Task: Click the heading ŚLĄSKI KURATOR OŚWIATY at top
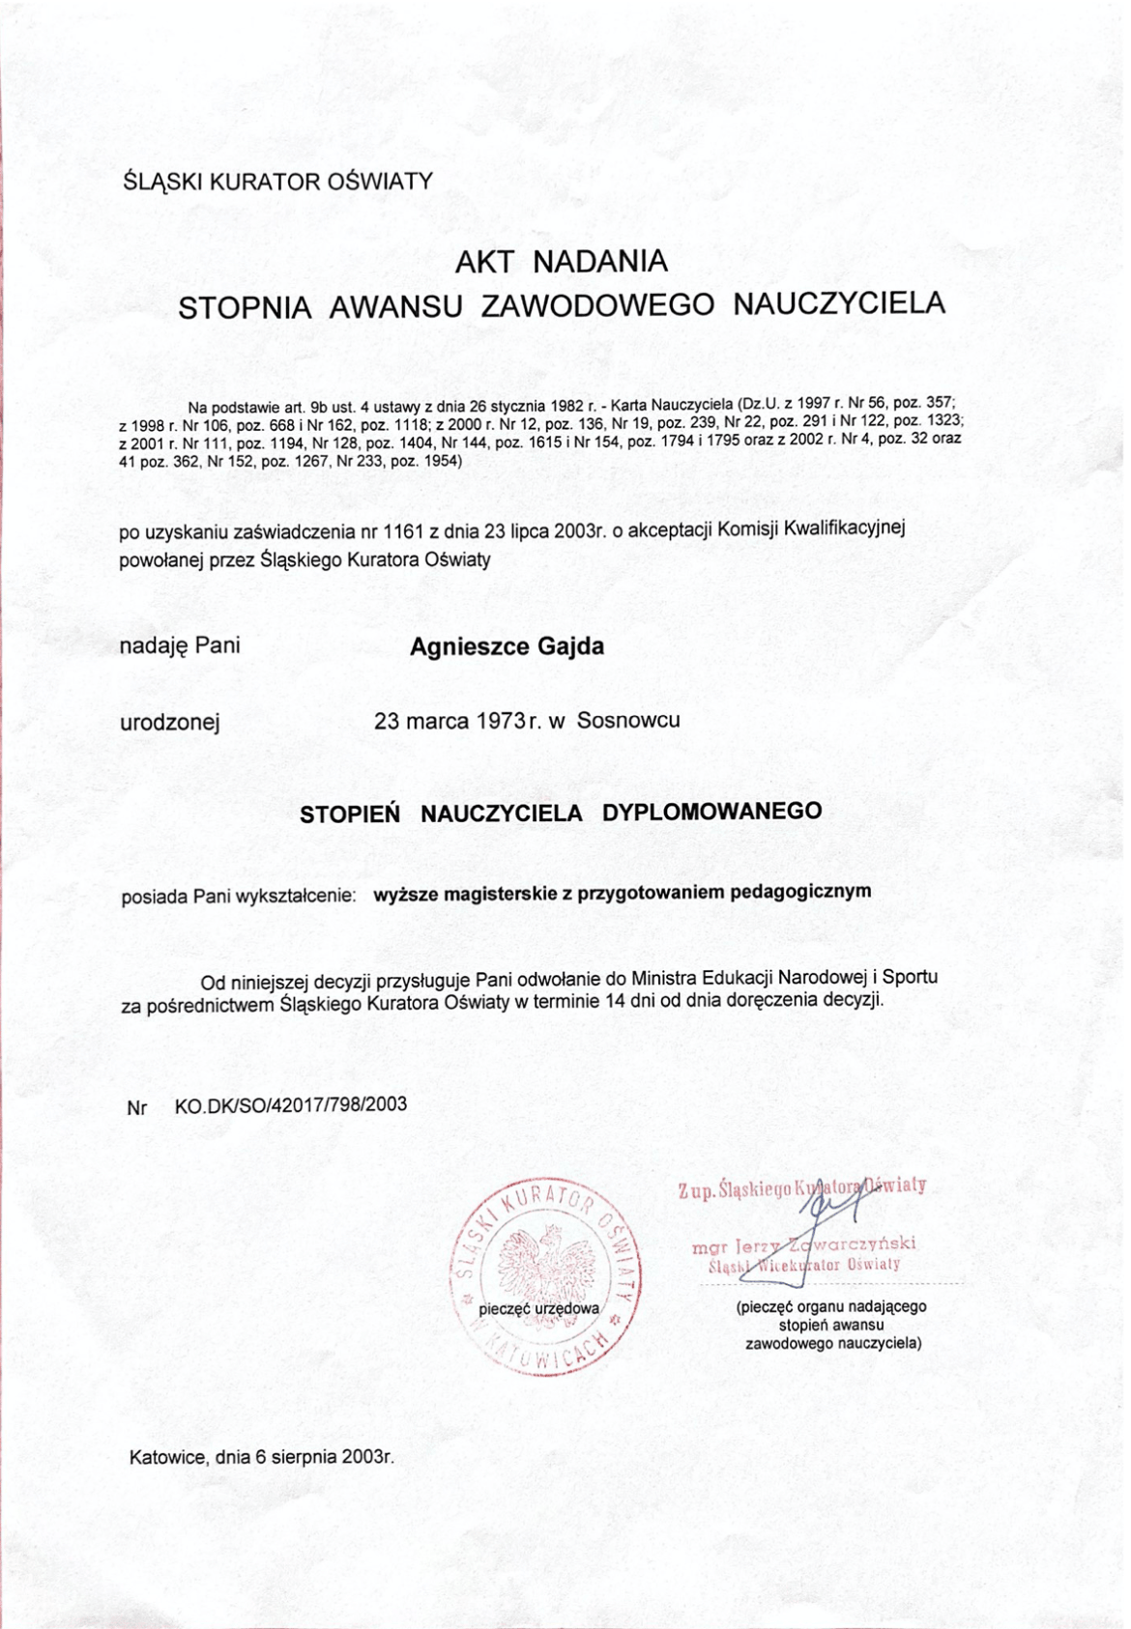pos(276,181)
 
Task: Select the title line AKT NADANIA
pos(562,261)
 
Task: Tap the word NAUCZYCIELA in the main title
pos(838,303)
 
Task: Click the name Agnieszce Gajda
pos(507,646)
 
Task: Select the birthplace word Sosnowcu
pos(628,720)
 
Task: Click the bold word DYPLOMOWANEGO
pos(711,811)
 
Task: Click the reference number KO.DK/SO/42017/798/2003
pos(290,1104)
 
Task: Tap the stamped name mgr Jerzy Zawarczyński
pos(803,1244)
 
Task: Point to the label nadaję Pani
pos(180,645)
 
